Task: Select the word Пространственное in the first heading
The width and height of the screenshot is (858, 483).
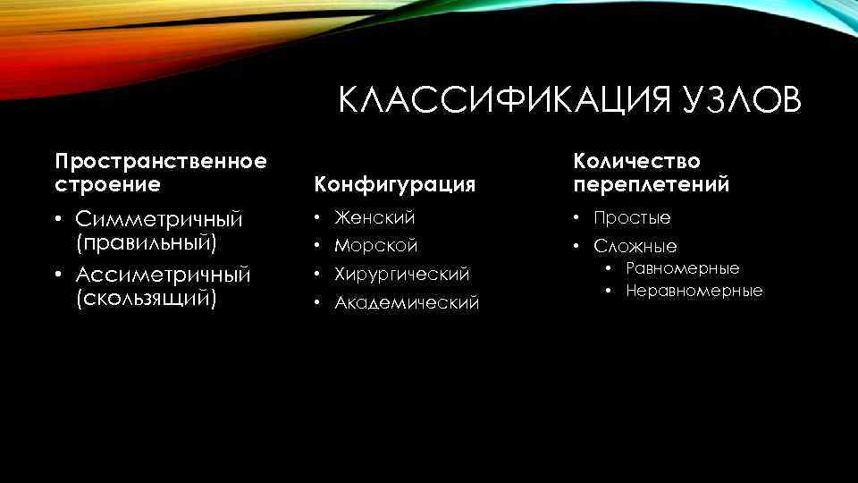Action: (161, 162)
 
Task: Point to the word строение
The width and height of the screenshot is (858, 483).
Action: (108, 184)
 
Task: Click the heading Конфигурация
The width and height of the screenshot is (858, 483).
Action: (392, 185)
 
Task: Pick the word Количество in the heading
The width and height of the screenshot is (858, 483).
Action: (637, 162)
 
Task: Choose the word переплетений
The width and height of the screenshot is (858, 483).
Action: (652, 184)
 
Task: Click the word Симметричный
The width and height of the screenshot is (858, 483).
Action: (159, 219)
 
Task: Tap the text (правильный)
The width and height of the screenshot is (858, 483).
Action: (147, 241)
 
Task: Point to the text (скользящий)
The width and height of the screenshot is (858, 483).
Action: (147, 297)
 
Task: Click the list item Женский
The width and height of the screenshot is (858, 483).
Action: (374, 217)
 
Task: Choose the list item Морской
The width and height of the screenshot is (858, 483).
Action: (376, 245)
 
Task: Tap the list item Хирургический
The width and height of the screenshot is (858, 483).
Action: (402, 274)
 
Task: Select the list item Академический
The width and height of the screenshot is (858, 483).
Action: (407, 303)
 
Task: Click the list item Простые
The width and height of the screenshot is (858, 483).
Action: (633, 217)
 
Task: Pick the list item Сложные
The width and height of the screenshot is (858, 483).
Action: (635, 246)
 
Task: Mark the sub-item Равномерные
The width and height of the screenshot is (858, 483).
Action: (683, 268)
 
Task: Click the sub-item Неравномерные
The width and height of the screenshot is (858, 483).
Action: (694, 291)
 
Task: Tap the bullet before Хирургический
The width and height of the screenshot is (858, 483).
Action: (316, 274)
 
